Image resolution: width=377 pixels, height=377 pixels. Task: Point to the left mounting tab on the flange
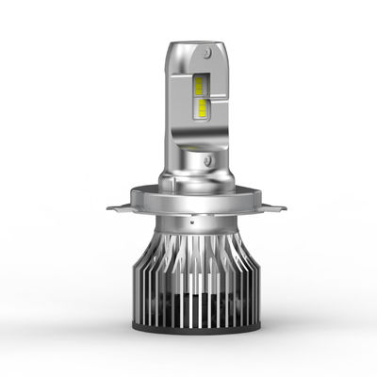click(117, 205)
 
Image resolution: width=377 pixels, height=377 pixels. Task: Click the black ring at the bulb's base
click(188, 331)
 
